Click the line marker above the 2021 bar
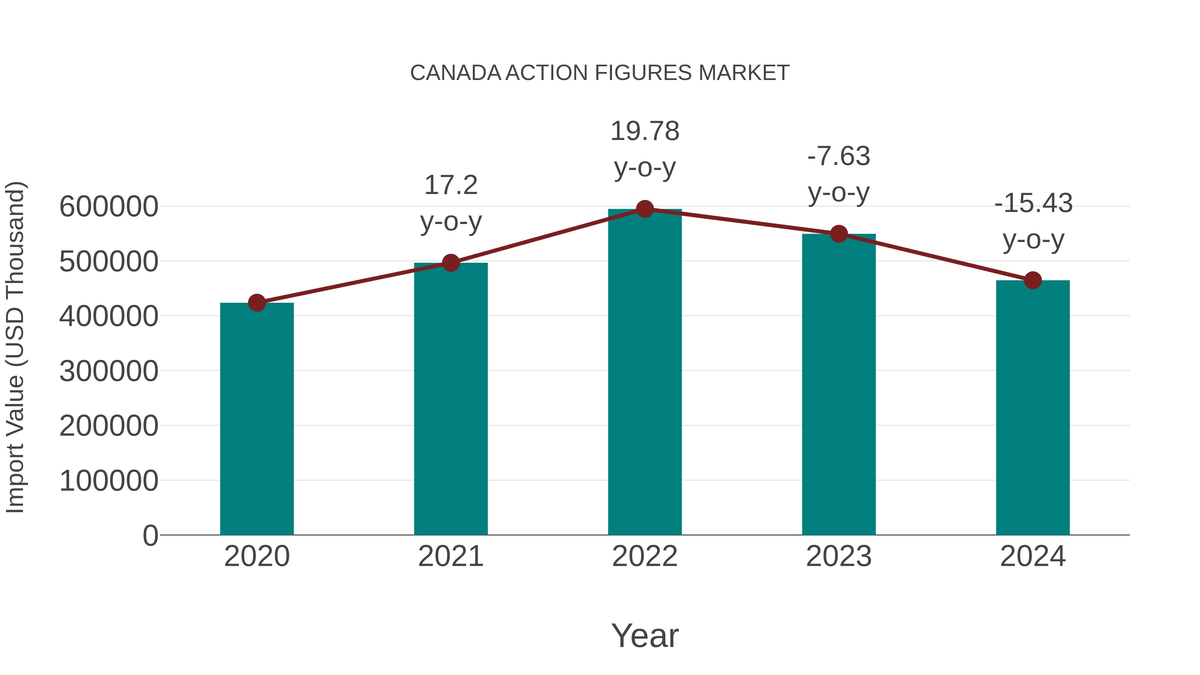pos(450,263)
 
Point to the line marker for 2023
pos(839,234)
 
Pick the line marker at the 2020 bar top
pos(257,303)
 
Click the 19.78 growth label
pos(645,131)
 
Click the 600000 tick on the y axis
pos(109,206)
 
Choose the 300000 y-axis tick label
pos(109,371)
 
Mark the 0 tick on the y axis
pos(150,535)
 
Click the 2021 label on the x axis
pos(450,556)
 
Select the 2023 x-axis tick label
pos(839,556)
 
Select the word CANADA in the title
pos(455,73)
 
